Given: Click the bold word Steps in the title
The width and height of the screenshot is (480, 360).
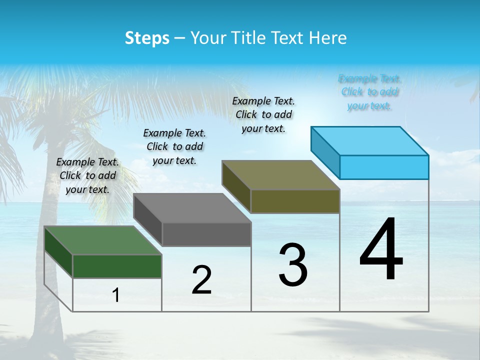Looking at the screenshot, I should pyautogui.click(x=147, y=38).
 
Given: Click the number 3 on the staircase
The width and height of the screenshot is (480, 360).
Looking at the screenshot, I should pyautogui.click(x=293, y=265).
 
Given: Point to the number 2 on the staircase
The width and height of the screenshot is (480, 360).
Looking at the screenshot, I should pyautogui.click(x=201, y=280).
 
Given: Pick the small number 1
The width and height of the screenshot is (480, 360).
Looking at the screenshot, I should pyautogui.click(x=116, y=295).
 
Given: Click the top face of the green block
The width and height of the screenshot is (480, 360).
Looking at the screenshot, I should pyautogui.click(x=102, y=240).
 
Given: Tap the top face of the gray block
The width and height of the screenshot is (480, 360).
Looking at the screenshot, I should pyautogui.click(x=192, y=207).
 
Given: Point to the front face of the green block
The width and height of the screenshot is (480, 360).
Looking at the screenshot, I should pyautogui.click(x=117, y=266).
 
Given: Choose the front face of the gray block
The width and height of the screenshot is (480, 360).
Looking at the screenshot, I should pyautogui.click(x=206, y=234).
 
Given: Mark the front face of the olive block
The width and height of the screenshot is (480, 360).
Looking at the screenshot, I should pyautogui.click(x=295, y=201).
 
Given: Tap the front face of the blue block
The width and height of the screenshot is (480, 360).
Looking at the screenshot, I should pyautogui.click(x=384, y=167).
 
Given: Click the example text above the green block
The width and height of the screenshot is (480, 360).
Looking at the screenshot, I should pyautogui.click(x=87, y=175).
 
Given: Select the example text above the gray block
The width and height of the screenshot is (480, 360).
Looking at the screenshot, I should pyautogui.click(x=174, y=146).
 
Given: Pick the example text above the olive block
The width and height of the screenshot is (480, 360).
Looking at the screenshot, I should pyautogui.click(x=263, y=114).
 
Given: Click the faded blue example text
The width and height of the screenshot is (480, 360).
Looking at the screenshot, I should pyautogui.click(x=369, y=92).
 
